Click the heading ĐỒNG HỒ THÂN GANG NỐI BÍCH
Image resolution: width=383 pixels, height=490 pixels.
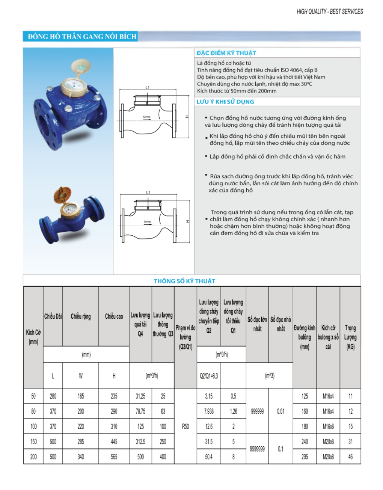tap(82, 37)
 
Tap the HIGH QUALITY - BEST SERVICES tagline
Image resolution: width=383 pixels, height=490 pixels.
tap(329, 11)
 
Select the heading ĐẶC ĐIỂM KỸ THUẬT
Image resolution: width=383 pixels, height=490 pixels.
tap(226, 53)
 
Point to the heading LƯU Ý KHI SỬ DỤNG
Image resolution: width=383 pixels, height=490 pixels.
tap(225, 101)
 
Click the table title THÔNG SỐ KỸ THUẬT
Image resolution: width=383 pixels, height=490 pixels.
tap(184, 281)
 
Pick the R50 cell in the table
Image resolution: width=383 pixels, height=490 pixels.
tap(185, 426)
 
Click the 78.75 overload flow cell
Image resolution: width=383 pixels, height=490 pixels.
tap(141, 411)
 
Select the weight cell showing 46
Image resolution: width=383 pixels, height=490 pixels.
tap(350, 456)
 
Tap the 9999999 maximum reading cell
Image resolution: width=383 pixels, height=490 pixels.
tap(257, 449)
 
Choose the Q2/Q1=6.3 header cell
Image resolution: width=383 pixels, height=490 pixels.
tap(209, 376)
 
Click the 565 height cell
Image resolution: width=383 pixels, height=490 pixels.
tap(114, 456)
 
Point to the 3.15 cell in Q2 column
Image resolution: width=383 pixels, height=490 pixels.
tap(209, 396)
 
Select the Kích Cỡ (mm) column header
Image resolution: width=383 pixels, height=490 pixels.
tap(33, 337)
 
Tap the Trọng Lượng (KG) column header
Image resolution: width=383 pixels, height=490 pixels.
tap(350, 337)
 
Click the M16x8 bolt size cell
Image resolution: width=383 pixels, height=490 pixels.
tap(328, 426)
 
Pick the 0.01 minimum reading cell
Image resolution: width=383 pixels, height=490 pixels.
tap(281, 411)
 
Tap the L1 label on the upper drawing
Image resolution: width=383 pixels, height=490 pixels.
tap(147, 88)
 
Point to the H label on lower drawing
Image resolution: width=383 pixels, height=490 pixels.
tap(188, 221)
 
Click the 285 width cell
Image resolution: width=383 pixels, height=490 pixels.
tap(81, 441)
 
